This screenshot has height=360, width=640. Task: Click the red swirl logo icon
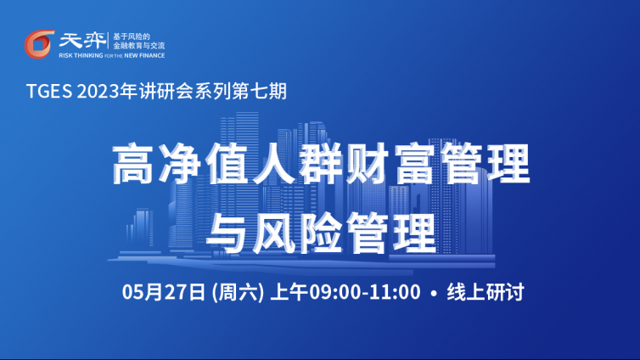point(39,44)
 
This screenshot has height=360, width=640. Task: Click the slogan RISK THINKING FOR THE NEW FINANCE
point(112,55)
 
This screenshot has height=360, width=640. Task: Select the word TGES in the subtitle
point(49,91)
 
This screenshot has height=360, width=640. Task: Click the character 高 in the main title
point(132,164)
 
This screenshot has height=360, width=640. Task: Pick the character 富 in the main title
point(414,164)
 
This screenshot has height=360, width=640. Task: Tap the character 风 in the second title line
point(274,233)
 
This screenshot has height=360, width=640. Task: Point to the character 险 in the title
point(321,233)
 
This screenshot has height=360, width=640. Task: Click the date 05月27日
point(163,292)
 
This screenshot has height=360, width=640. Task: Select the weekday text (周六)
point(238,292)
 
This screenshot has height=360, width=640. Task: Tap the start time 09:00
point(334,292)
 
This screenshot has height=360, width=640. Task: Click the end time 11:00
point(395,292)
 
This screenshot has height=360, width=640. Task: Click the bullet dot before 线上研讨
point(434,293)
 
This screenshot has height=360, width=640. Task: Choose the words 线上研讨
point(486,292)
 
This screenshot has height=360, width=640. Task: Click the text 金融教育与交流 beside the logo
point(138,46)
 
